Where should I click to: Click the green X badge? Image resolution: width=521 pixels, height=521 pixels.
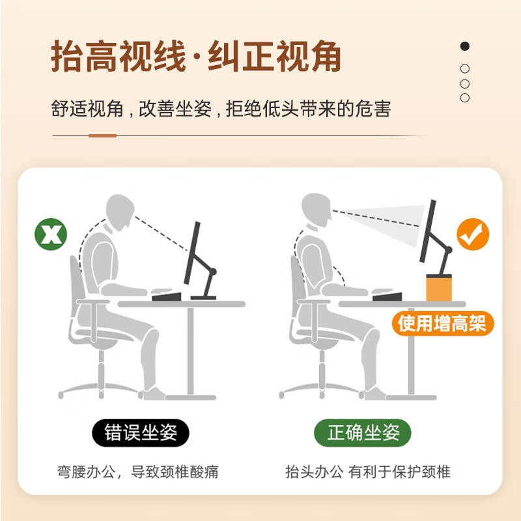(x=51, y=234)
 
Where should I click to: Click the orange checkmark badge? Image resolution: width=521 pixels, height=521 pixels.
(x=473, y=234)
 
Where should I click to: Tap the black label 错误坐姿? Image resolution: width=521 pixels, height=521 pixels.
(x=141, y=432)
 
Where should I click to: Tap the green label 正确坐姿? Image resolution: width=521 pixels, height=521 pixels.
(x=363, y=432)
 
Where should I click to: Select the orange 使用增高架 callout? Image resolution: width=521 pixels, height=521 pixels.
(x=443, y=323)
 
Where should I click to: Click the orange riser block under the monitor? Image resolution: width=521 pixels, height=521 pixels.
(x=439, y=288)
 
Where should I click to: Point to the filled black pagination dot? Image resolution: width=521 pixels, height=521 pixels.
(x=465, y=46)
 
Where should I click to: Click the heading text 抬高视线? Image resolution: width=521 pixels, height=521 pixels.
(x=118, y=56)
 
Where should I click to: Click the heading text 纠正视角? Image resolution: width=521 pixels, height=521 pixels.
(x=274, y=56)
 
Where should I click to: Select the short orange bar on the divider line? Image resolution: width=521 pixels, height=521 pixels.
(x=102, y=135)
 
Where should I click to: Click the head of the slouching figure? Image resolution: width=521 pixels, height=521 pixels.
(x=120, y=212)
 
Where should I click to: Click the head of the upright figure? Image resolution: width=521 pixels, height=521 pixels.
(x=317, y=210)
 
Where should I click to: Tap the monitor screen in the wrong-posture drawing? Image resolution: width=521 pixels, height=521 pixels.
(x=192, y=253)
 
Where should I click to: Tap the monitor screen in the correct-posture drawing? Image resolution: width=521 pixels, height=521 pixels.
(x=428, y=231)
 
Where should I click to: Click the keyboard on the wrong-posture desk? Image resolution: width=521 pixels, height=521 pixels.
(x=167, y=296)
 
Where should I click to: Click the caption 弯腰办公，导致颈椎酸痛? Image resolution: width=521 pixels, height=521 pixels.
(x=138, y=472)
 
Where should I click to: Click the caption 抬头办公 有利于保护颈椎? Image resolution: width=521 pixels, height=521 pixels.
(x=368, y=472)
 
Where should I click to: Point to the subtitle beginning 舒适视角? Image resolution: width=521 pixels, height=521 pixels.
(x=221, y=109)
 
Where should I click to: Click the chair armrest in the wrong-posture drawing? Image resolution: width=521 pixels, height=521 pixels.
(x=93, y=302)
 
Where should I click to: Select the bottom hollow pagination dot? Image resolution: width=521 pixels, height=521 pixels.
(x=465, y=98)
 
